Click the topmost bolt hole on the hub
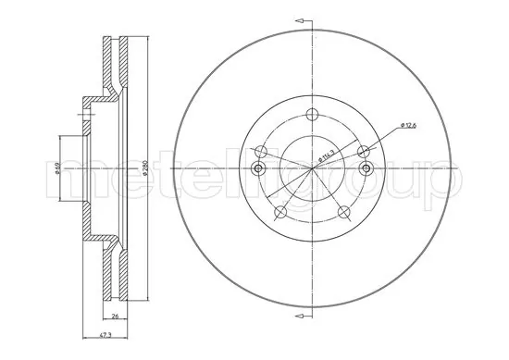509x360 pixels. point(312,115)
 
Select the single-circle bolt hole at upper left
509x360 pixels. point(262,151)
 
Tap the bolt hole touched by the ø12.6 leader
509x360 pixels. point(363,151)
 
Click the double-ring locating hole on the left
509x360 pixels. point(258,168)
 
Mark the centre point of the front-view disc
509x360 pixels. point(312,169)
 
